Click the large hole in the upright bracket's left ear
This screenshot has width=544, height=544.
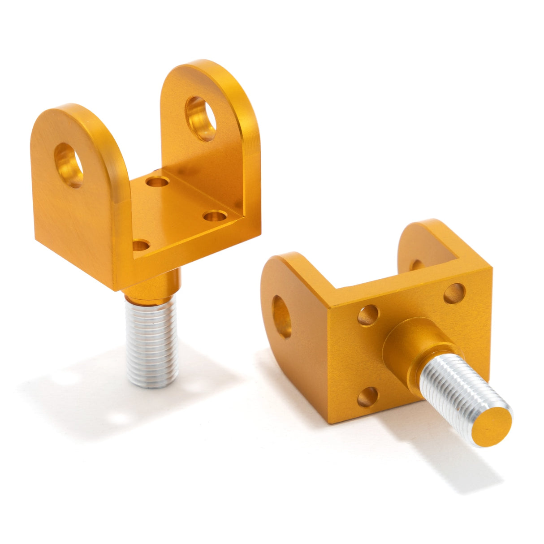(x=69, y=165)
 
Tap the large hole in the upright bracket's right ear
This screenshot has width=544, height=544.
(x=200, y=119)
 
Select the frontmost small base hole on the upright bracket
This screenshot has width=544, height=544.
(x=141, y=245)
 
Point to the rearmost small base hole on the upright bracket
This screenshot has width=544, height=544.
(x=157, y=182)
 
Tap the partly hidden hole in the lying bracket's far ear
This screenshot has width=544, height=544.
(x=417, y=264)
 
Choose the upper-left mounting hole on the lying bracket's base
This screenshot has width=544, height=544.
(x=368, y=315)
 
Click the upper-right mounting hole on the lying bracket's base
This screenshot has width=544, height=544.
(x=454, y=294)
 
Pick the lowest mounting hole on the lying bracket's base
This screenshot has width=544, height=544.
(x=368, y=397)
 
